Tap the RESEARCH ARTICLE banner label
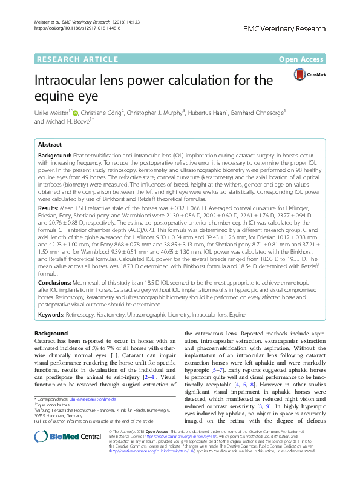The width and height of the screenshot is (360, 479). (x=77, y=59)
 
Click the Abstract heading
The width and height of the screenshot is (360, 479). (x=50, y=145)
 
